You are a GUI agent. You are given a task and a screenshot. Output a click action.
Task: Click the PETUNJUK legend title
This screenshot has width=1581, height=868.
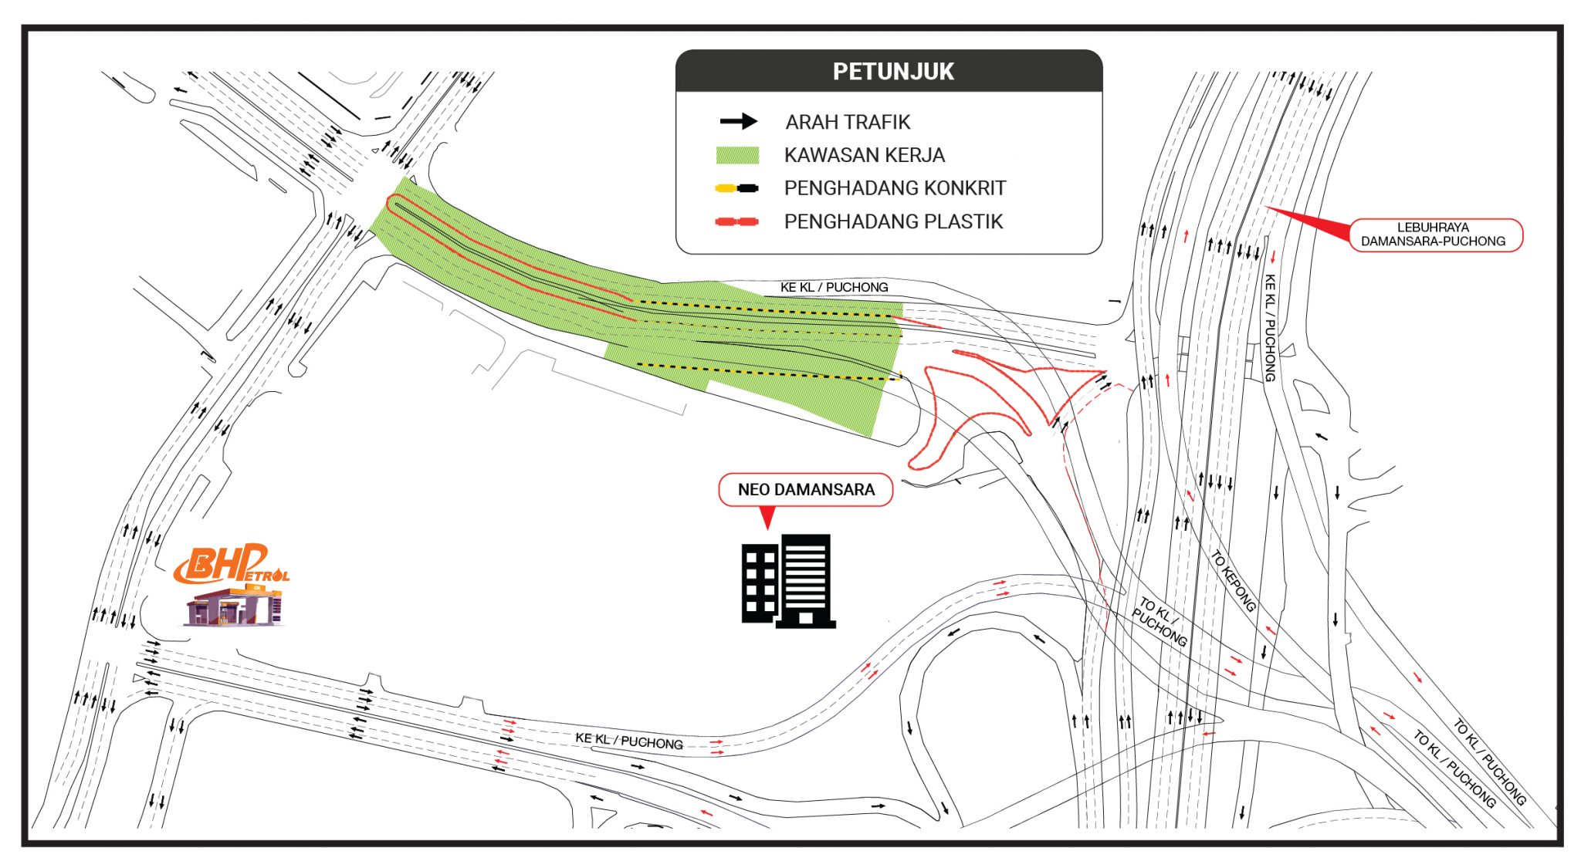[893, 72]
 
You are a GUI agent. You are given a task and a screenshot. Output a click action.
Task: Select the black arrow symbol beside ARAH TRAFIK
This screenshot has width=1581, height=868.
[739, 122]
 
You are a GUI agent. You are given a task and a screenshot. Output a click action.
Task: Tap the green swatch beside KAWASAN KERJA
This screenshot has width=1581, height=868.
[737, 155]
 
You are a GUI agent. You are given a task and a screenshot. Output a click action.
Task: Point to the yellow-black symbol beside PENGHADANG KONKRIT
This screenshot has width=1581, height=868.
[737, 188]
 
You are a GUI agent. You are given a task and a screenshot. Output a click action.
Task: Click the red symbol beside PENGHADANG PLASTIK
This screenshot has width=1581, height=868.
[737, 222]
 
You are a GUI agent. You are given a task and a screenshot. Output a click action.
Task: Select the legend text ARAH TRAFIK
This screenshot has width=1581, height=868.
[848, 122]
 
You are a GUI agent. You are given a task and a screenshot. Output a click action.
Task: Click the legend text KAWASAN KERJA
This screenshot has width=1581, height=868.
[865, 155]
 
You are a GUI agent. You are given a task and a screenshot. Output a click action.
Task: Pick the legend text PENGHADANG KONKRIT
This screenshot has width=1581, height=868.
[895, 188]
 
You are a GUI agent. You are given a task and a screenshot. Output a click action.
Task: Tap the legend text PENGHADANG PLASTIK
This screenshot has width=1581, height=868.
[893, 222]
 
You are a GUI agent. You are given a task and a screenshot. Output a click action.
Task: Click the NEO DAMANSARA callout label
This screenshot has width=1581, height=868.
[806, 490]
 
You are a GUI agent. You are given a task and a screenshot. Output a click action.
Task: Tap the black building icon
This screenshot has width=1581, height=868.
[788, 581]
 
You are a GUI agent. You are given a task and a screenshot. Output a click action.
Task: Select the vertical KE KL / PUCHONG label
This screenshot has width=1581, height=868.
[1269, 328]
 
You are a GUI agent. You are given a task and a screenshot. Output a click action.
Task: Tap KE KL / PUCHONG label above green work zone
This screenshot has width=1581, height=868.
[834, 287]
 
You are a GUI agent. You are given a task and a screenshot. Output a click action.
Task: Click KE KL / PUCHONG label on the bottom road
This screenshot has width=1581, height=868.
[629, 741]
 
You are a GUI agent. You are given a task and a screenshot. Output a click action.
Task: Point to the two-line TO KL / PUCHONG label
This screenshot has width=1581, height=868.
[1161, 620]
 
